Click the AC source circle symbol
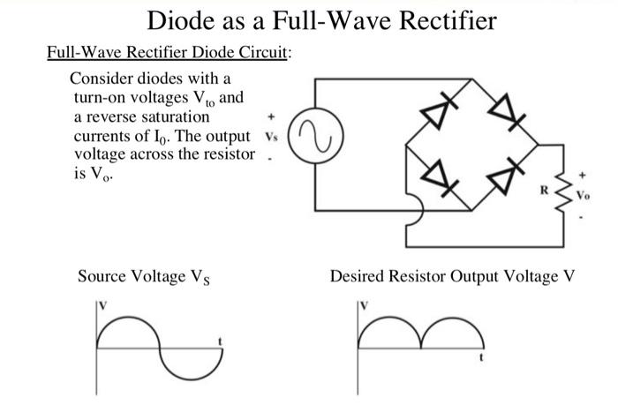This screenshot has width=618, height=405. [314, 140]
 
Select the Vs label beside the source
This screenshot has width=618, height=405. [270, 139]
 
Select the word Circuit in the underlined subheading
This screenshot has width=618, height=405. [261, 54]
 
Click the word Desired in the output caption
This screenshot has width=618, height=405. [358, 277]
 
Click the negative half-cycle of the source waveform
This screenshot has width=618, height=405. [188, 364]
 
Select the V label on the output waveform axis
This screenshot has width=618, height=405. [362, 305]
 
